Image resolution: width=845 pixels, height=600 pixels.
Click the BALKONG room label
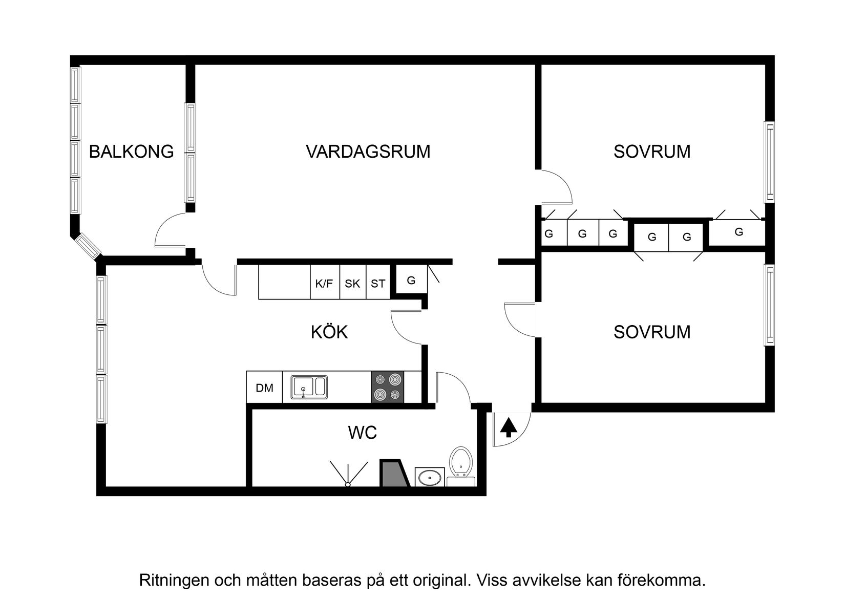[132, 152]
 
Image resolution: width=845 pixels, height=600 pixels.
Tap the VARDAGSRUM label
[368, 152]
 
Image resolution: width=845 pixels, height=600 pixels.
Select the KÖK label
[329, 332]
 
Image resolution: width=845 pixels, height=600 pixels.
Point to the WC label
[363, 433]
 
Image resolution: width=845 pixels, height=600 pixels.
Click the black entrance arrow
[508, 427]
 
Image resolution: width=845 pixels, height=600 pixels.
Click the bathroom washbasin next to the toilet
[429, 478]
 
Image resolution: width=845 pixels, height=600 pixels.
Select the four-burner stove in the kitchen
[388, 387]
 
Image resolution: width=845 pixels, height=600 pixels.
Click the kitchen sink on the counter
[309, 387]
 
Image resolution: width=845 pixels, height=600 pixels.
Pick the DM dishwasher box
[264, 388]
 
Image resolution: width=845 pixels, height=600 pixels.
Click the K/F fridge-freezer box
[324, 283]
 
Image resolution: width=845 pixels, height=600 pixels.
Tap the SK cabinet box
[352, 283]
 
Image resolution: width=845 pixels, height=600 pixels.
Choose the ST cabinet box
[378, 283]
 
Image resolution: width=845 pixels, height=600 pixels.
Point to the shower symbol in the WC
[348, 474]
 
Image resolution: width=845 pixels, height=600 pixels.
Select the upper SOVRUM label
[652, 152]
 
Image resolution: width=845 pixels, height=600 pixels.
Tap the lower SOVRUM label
[652, 332]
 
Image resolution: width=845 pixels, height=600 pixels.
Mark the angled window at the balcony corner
[87, 247]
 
